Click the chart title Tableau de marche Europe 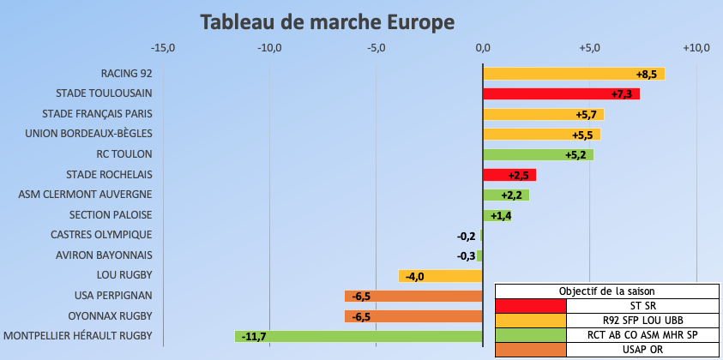(328, 21)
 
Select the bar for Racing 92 (573, 74)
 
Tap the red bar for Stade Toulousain (561, 93)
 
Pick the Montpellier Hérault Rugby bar (358, 337)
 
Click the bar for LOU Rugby (440, 276)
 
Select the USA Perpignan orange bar (413, 296)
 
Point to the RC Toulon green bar (538, 154)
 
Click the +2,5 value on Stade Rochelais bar (519, 175)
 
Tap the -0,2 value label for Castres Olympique (467, 235)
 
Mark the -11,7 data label (254, 337)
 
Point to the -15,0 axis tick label (163, 47)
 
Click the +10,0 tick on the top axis (696, 47)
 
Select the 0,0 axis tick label (483, 47)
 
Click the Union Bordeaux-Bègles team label (88, 134)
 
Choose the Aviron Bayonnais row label (104, 255)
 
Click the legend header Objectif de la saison (608, 290)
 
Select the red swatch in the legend (531, 305)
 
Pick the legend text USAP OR (643, 350)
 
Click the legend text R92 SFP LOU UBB (643, 320)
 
